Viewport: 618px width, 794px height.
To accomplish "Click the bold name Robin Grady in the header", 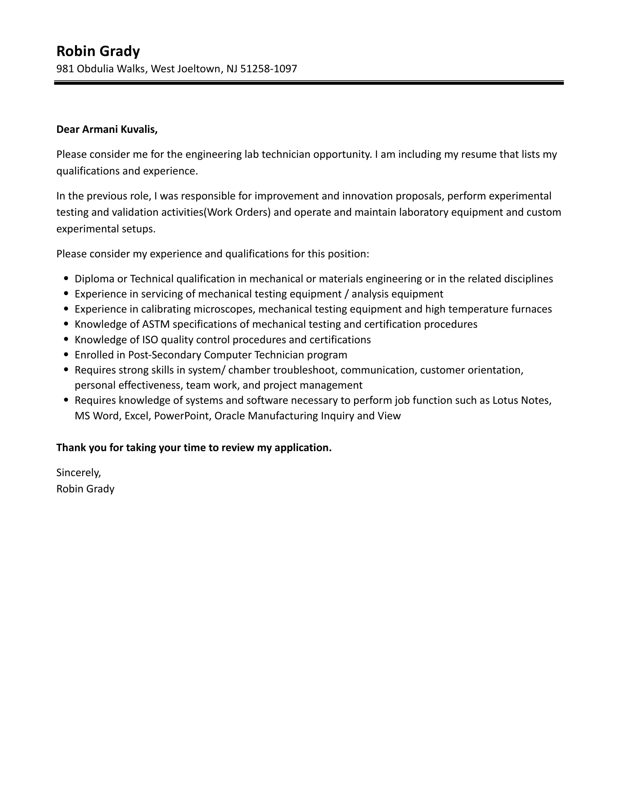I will (x=98, y=51).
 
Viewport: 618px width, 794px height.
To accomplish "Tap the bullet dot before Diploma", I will (x=67, y=279).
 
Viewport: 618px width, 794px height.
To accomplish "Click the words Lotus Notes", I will (x=521, y=400).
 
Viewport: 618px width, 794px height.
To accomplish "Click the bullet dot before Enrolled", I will (x=67, y=355).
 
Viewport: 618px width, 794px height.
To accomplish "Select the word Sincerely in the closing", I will (x=78, y=472).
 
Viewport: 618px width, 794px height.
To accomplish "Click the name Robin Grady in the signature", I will (x=85, y=489).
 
